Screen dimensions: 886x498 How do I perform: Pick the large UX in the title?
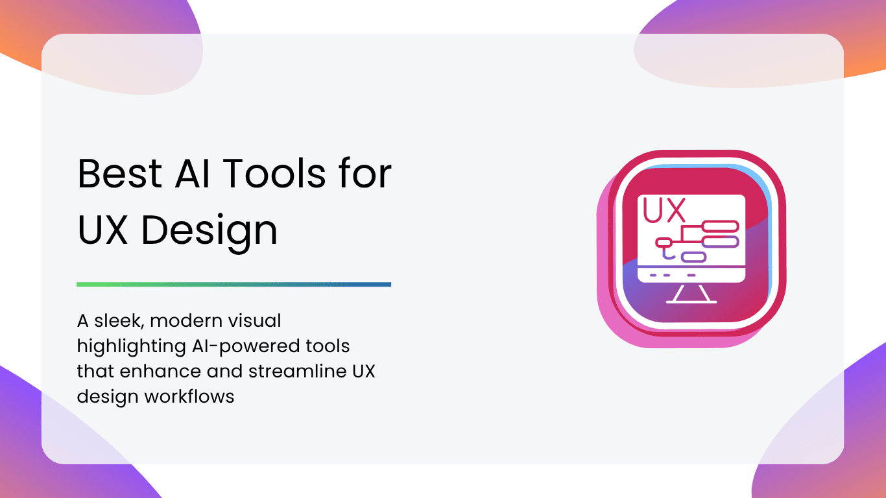tap(102, 230)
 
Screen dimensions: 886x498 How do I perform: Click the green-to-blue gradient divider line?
tap(233, 285)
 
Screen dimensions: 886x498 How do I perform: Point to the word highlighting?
tap(131, 347)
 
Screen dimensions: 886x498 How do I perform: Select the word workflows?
tap(189, 396)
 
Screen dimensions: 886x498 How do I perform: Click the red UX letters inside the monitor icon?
tap(664, 210)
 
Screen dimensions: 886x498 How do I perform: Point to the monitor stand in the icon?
tap(691, 294)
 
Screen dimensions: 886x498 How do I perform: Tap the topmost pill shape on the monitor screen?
tap(720, 227)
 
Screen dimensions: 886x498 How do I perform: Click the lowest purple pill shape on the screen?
tap(693, 257)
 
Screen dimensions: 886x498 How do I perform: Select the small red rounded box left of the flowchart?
tap(664, 242)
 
